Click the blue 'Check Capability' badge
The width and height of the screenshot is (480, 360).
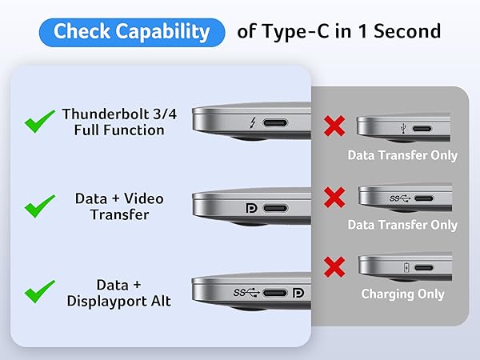point(131,32)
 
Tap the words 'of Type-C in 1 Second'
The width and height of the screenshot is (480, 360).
point(338,32)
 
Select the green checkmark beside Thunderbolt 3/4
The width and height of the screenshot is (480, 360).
point(39,123)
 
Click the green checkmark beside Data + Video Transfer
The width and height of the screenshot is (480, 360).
point(39,207)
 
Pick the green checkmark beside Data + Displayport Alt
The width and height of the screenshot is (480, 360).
point(39,293)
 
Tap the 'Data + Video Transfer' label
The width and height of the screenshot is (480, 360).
point(113,206)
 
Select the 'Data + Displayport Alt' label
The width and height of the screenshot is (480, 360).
point(113,292)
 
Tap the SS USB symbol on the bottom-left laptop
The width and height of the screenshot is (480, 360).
point(247,294)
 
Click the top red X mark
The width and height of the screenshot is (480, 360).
point(334,126)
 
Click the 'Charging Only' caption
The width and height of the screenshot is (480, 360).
point(402,294)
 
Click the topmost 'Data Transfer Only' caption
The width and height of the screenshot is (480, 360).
point(402,155)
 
